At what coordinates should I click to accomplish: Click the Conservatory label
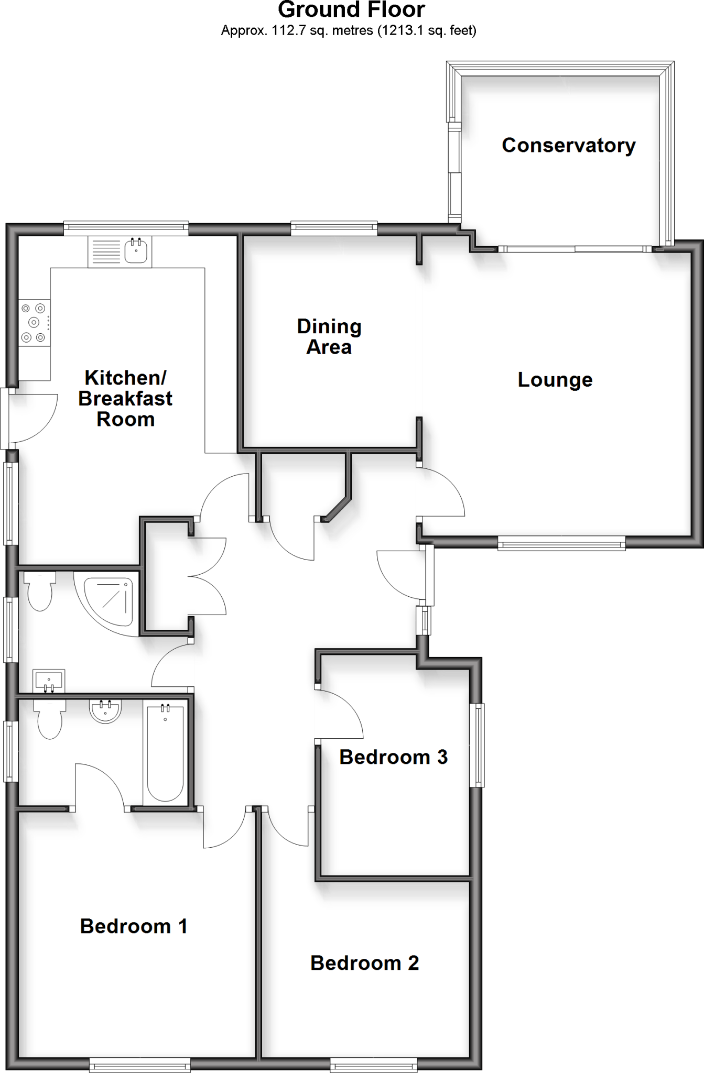tap(568, 145)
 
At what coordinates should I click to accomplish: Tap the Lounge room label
tap(555, 379)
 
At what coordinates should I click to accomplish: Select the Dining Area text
tap(329, 337)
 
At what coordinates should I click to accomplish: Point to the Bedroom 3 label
tap(393, 757)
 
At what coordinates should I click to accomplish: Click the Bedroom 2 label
tap(364, 962)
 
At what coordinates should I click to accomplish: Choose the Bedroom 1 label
tap(134, 926)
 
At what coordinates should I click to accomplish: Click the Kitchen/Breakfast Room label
tap(125, 398)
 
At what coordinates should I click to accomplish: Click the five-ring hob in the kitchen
tap(35, 322)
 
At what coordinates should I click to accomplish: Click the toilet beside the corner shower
tap(40, 592)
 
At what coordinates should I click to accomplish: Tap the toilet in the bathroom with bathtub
tap(50, 718)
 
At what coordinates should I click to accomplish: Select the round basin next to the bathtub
tap(105, 711)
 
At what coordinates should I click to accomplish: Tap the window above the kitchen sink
tap(126, 227)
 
